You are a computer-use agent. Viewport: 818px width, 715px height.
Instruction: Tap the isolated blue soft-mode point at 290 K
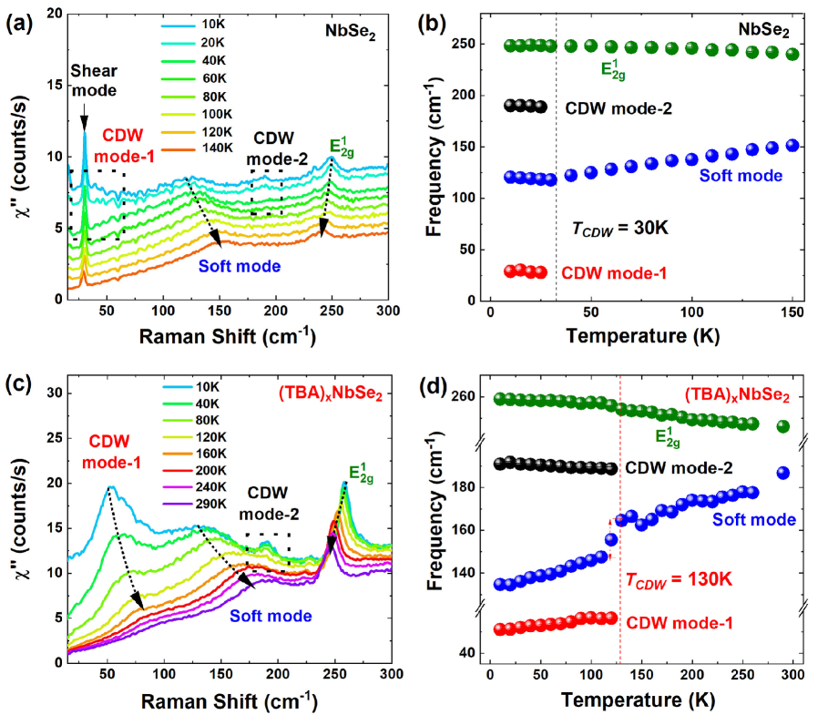point(782,473)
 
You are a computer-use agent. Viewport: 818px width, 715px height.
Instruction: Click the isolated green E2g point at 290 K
point(782,426)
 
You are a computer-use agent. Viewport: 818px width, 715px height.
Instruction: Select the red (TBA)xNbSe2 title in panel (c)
point(330,395)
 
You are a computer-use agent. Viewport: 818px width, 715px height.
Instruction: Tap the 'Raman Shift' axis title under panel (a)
point(228,336)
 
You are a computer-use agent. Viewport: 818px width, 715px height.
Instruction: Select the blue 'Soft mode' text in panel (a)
point(239,267)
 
